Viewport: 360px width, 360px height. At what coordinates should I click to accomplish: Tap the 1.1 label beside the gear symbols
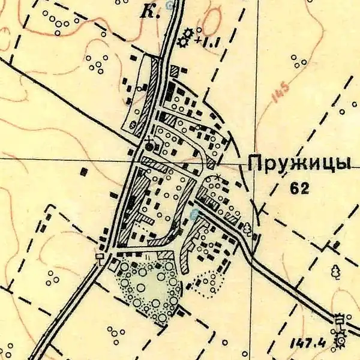(209, 42)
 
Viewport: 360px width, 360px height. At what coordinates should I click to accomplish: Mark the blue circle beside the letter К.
(170, 5)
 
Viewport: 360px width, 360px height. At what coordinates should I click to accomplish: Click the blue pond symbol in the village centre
(193, 213)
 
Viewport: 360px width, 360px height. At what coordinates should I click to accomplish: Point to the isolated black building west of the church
(84, 172)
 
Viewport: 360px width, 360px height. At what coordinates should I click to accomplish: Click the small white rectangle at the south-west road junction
(100, 256)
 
